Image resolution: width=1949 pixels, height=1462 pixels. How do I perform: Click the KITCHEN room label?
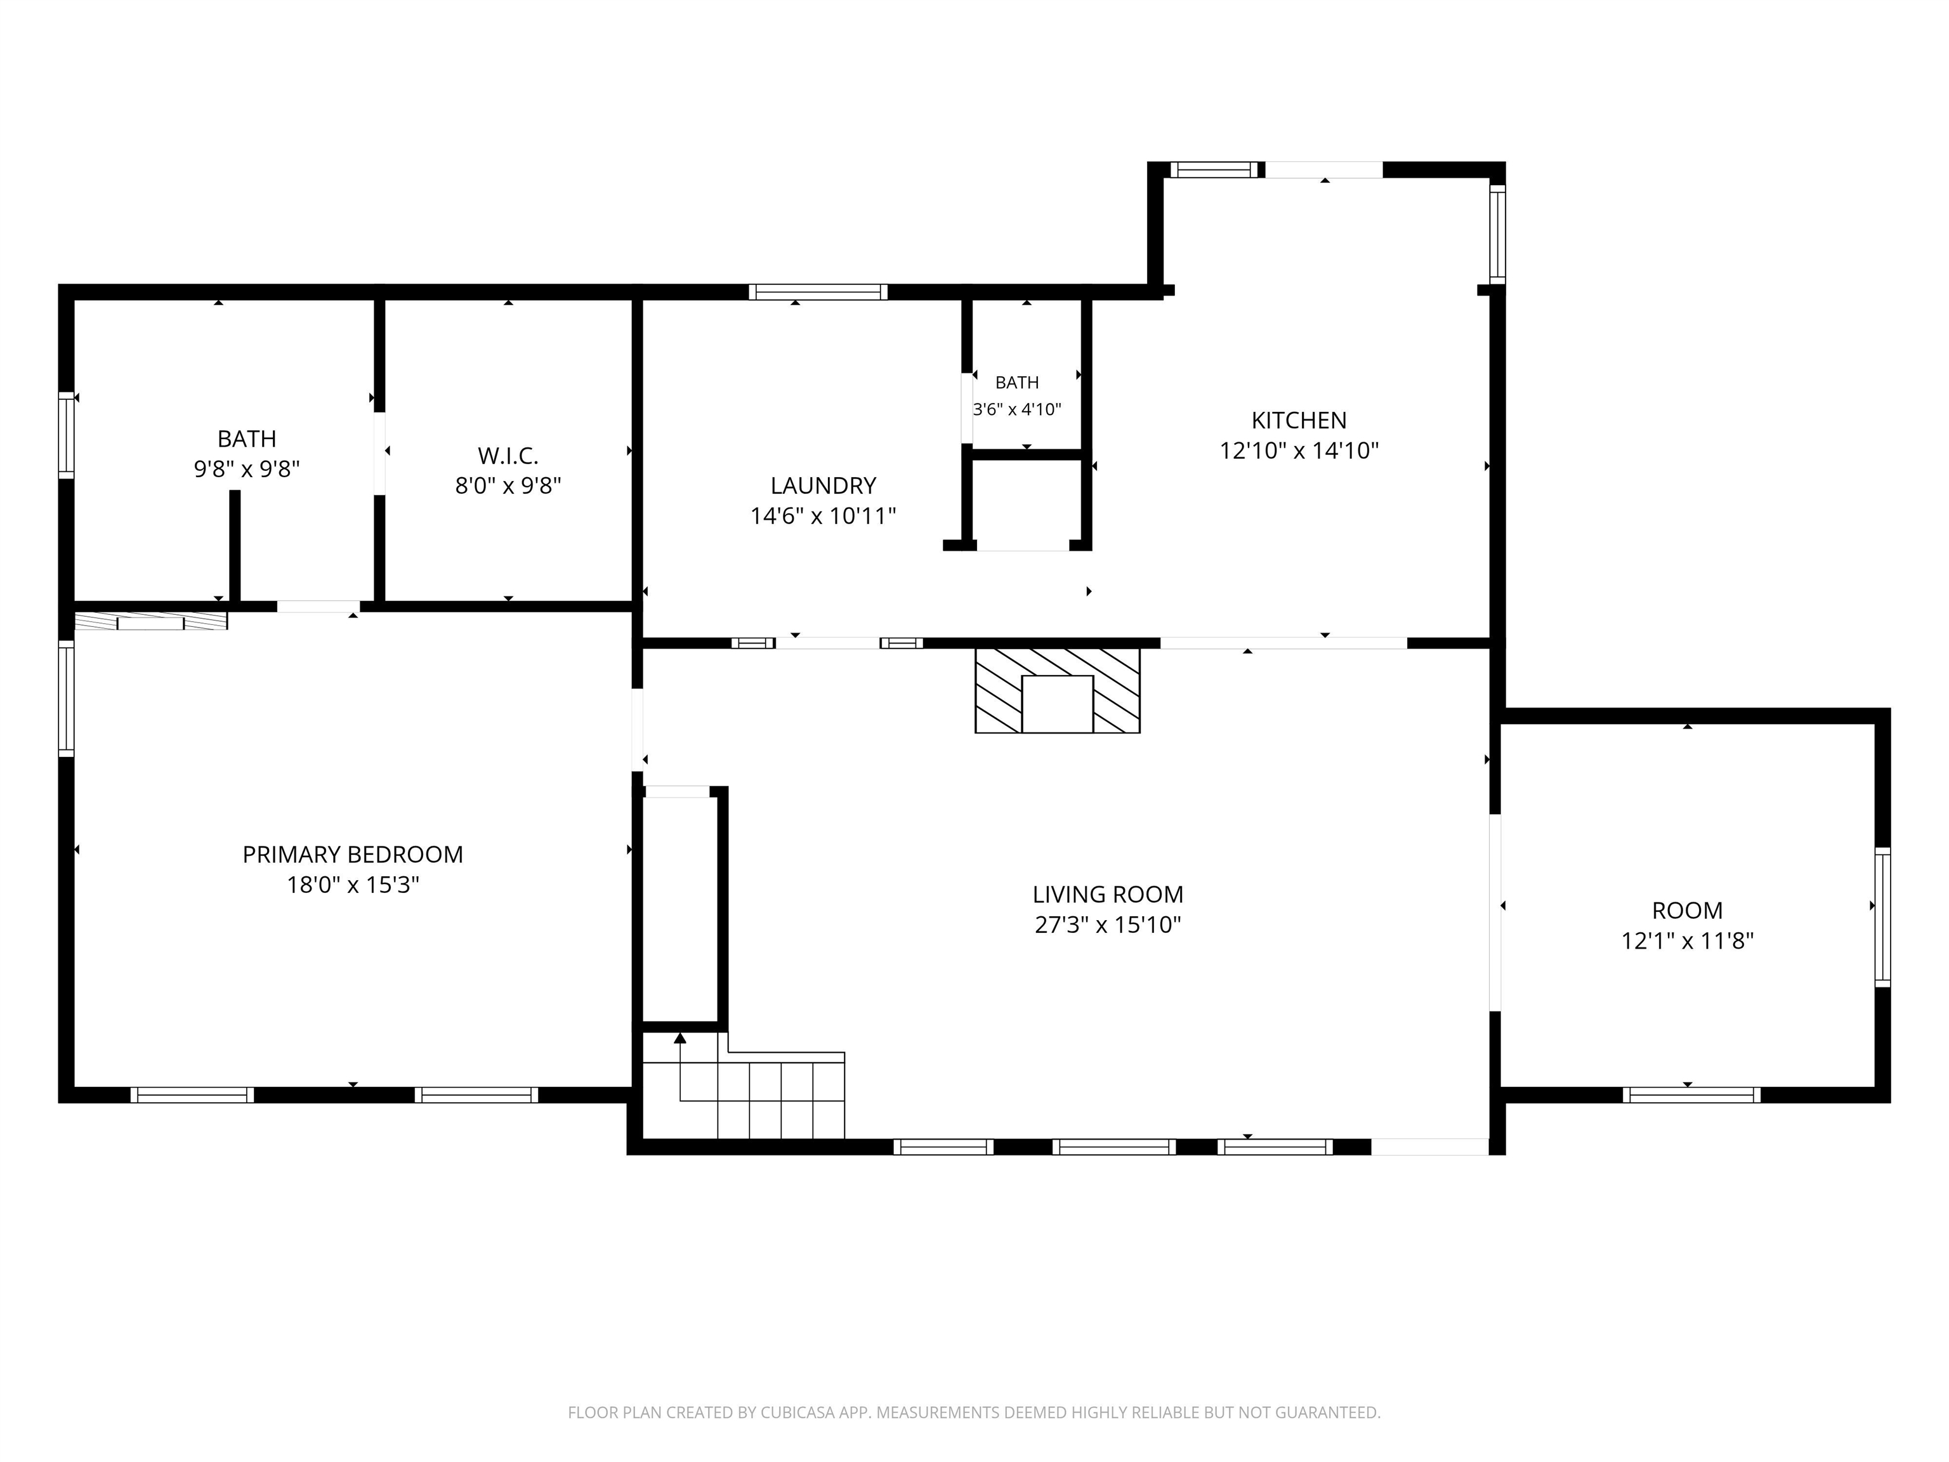click(1299, 420)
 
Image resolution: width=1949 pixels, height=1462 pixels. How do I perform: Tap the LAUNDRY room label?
click(823, 485)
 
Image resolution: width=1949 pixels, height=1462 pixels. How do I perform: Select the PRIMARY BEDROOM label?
click(353, 854)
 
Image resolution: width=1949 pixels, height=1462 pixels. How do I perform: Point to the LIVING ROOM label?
click(1108, 895)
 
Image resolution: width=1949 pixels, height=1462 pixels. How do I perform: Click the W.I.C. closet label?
click(508, 456)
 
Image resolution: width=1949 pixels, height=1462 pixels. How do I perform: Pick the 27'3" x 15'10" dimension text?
click(1108, 925)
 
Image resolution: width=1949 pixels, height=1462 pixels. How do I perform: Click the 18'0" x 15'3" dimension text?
click(353, 884)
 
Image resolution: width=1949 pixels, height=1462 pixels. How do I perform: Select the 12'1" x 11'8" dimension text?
click(1688, 940)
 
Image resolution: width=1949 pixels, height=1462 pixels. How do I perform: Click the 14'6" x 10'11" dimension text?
click(823, 515)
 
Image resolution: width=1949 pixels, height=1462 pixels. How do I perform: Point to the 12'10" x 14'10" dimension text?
click(1299, 451)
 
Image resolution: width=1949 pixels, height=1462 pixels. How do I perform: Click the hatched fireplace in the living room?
click(1058, 691)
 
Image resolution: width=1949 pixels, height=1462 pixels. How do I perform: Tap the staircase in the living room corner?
click(744, 1086)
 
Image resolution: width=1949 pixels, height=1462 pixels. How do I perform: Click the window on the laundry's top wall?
click(818, 292)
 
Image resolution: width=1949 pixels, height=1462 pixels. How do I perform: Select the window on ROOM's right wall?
click(1882, 916)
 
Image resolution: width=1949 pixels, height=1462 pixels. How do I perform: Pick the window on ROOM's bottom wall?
click(1691, 1095)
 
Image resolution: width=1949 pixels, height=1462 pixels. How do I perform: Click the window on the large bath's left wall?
click(66, 435)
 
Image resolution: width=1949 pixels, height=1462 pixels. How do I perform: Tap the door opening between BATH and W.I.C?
click(380, 454)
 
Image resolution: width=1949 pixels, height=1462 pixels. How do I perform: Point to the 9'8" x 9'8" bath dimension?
click(247, 469)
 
